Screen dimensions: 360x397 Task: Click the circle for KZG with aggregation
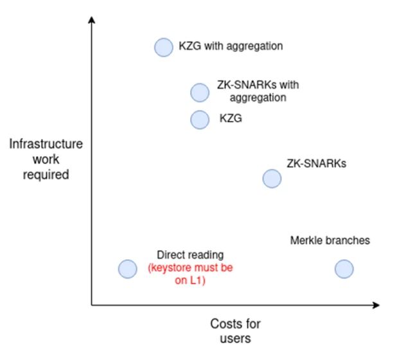coord(164,47)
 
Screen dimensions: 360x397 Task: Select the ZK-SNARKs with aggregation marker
coord(200,93)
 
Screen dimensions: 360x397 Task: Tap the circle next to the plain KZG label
coord(200,119)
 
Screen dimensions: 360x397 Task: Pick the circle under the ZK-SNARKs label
coord(272,179)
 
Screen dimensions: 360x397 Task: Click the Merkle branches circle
coord(344,269)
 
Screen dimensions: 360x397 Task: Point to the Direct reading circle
coord(128,269)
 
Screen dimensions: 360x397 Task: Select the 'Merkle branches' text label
coord(330,241)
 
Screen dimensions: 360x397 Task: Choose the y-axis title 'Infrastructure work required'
coord(46,159)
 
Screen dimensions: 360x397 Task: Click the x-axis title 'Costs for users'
coord(235,330)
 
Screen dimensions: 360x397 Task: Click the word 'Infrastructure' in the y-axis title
coord(46,144)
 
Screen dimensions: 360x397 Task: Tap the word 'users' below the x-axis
coord(235,338)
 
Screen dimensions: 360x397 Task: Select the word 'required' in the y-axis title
coord(46,174)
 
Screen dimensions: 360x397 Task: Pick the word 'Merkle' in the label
coord(305,241)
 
